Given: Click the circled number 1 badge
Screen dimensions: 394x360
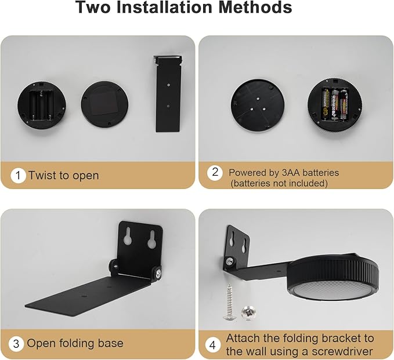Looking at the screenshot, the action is pyautogui.click(x=18, y=175).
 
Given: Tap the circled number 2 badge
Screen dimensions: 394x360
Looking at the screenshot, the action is pyautogui.click(x=215, y=173).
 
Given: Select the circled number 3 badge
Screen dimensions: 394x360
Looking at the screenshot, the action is pyautogui.click(x=16, y=343).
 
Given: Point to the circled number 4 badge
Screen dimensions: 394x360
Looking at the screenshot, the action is pyautogui.click(x=212, y=345).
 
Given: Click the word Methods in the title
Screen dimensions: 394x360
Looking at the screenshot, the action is pyautogui.click(x=255, y=8).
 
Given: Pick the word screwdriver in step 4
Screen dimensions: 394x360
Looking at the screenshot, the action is pyautogui.click(x=342, y=351).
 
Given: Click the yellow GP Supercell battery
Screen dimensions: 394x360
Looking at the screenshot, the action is pyautogui.click(x=326, y=104).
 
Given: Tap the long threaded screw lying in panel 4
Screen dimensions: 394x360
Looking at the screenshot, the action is pyautogui.click(x=229, y=302).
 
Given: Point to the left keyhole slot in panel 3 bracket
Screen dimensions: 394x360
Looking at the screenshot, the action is pyautogui.click(x=128, y=236).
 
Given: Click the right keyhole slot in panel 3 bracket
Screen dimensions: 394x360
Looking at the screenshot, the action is pyautogui.click(x=152, y=239).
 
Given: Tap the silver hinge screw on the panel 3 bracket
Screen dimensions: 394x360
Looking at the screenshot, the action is pyautogui.click(x=158, y=274).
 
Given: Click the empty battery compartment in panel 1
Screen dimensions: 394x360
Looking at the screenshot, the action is pyautogui.click(x=41, y=105).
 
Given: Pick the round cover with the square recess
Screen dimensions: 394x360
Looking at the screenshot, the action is pyautogui.click(x=104, y=104).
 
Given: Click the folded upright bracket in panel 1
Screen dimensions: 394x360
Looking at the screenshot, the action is pyautogui.click(x=168, y=94).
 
